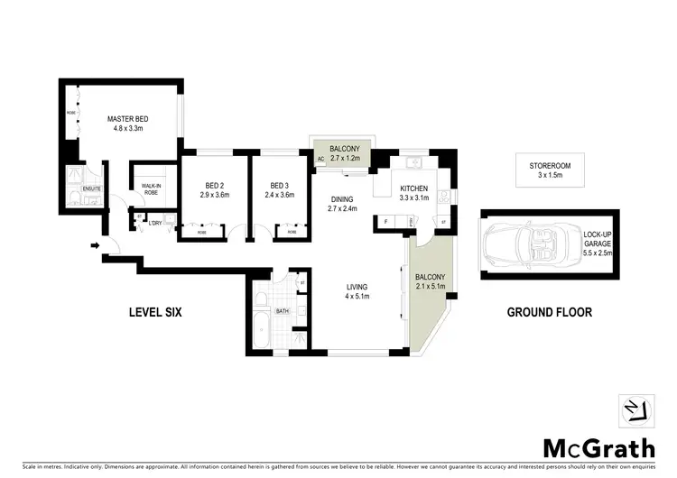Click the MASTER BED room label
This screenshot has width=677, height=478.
pos(127,118)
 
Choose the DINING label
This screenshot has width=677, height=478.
pos(342,199)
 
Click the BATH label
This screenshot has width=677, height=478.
pos(281,311)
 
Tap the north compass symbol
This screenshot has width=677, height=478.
pos(635,409)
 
